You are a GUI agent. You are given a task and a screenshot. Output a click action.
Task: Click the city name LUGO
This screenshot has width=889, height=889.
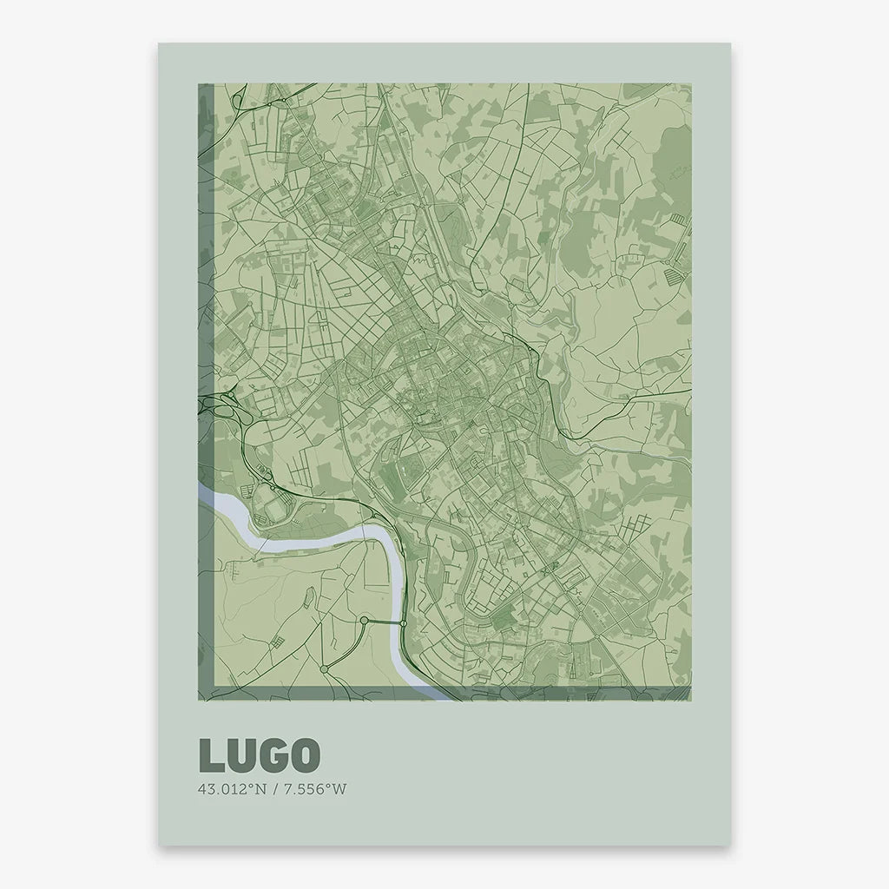click(260, 755)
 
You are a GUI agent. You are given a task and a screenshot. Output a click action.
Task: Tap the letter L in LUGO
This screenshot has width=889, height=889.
click(211, 755)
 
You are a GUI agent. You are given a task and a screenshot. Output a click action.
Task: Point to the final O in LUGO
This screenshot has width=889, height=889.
click(304, 755)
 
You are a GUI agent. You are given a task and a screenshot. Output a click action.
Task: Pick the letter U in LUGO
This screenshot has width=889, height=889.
click(240, 755)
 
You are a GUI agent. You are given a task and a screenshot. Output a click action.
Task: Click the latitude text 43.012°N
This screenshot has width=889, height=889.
click(230, 789)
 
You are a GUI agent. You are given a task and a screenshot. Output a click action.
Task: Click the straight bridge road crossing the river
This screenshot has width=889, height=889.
click(385, 622)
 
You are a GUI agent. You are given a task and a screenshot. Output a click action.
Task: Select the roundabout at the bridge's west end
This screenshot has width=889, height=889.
click(365, 620)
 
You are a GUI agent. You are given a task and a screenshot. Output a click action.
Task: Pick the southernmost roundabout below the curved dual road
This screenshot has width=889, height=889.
click(324, 668)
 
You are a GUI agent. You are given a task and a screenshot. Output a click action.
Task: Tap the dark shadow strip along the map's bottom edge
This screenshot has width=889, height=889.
click(451, 693)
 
